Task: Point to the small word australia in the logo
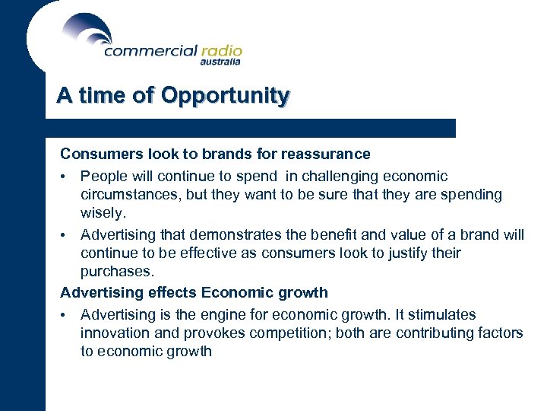tap(221, 63)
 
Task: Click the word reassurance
tap(325, 155)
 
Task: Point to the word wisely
tap(103, 213)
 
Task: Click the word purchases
tap(117, 271)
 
